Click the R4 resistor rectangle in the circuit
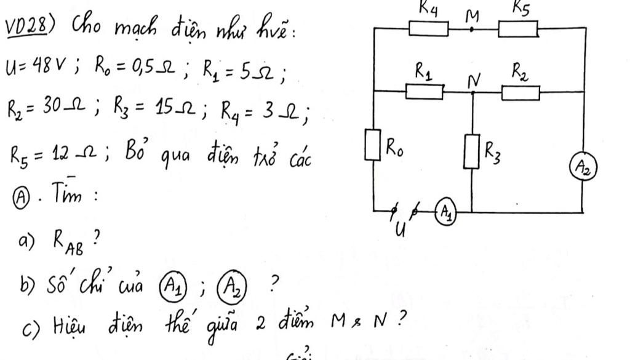pos(429,29)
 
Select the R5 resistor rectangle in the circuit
pos(518,29)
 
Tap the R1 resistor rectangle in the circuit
pos(425,92)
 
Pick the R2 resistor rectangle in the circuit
pos(522,93)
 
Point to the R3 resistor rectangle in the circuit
pos(471,152)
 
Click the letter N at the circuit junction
pos(472,78)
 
